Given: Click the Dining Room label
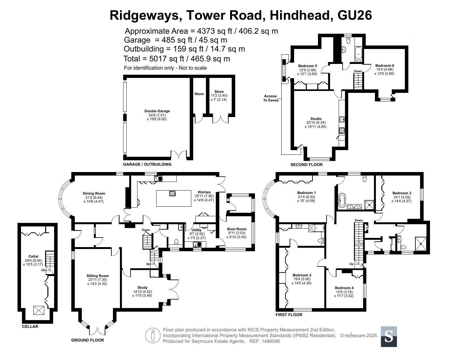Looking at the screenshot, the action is pos(94,193).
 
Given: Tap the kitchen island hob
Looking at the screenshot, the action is pos(172,193).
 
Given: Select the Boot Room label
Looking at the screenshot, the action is pos(237,229).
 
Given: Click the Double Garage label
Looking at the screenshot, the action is pos(157,111).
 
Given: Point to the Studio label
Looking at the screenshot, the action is pos(316,119).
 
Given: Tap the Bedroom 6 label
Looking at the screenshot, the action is pos(384,66).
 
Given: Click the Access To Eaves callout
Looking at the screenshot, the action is pos(271,98).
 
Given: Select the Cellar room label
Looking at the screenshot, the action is pos(33,256).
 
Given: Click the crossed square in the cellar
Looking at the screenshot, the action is pos(39,310).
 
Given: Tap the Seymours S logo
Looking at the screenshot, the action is pos(389,336).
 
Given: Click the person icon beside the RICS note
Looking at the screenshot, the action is pos(153,336).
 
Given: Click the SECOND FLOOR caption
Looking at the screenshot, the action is pos(307,165).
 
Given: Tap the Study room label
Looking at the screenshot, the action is pos(142,287).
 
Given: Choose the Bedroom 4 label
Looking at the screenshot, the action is pos(344,288).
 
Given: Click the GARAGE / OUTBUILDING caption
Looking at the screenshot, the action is pos(147,164).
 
